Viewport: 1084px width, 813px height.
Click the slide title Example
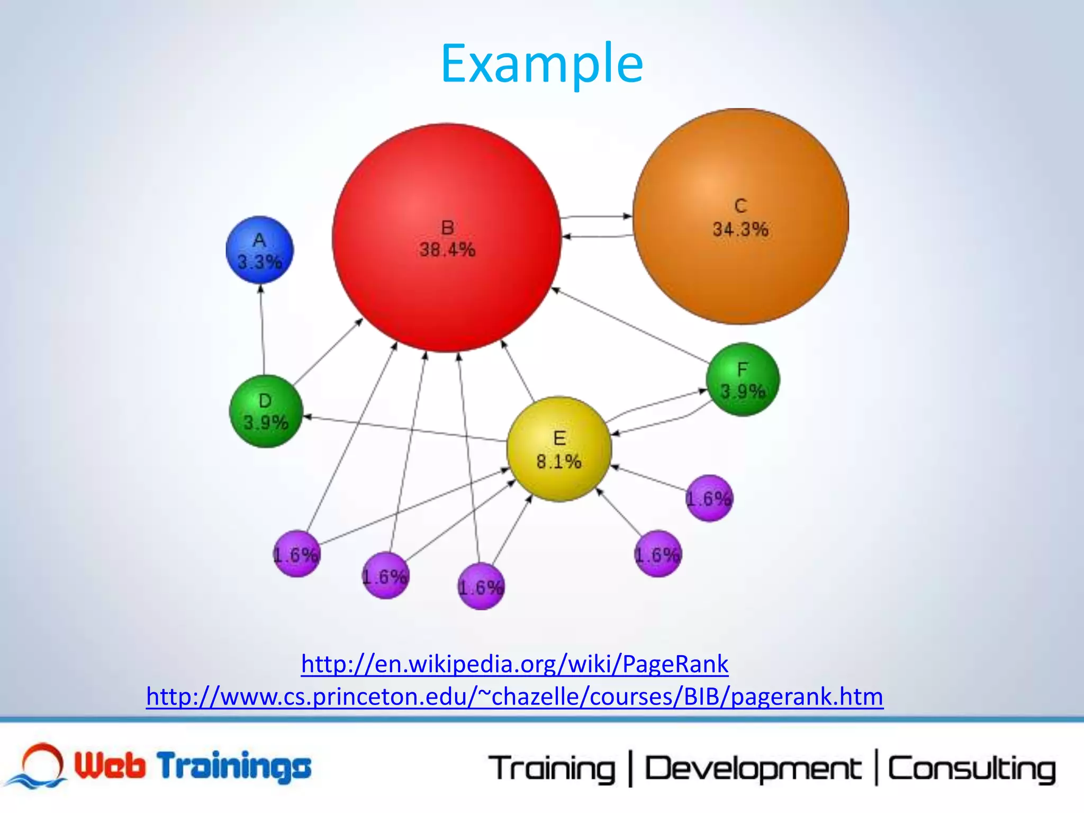[541, 64]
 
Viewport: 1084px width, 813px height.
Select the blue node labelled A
[259, 250]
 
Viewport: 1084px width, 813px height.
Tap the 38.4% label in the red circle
[447, 249]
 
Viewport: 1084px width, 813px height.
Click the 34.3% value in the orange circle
[740, 229]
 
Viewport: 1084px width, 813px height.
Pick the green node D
[266, 411]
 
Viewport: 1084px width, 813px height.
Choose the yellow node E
[559, 449]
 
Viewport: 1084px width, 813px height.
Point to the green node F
[743, 380]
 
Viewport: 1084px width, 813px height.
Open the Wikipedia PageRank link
[514, 664]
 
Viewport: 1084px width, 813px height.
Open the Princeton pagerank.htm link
[514, 697]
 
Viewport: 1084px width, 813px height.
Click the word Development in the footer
[753, 769]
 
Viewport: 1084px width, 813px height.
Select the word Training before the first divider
[552, 769]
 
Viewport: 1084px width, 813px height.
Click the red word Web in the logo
[109, 765]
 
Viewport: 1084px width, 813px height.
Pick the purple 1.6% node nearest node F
[709, 498]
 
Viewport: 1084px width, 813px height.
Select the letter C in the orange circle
[740, 205]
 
